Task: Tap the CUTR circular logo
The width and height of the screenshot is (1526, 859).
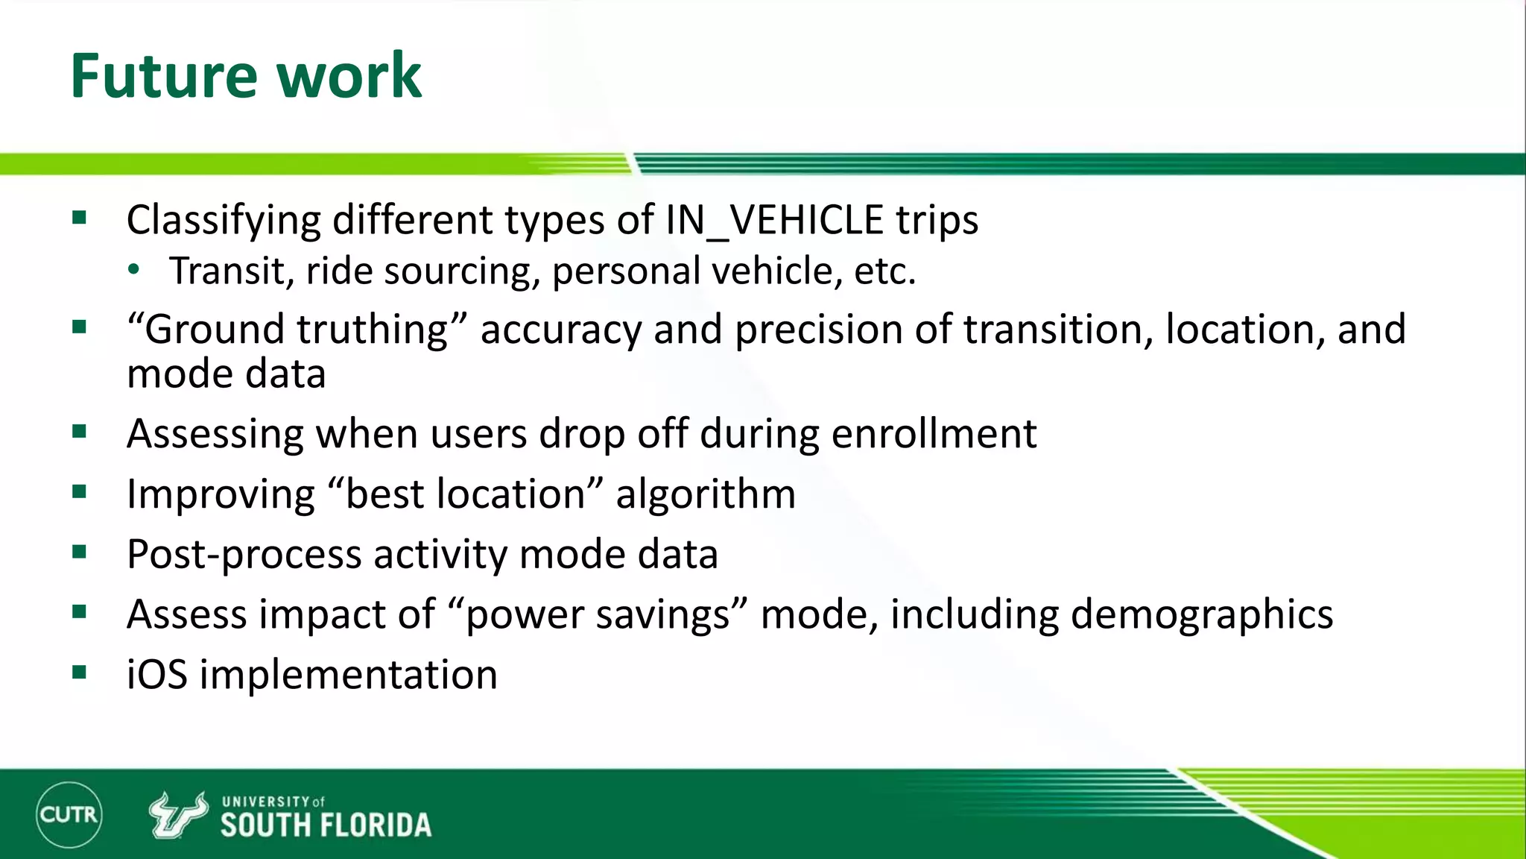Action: coord(69,814)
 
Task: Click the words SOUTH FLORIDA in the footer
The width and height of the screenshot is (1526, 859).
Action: coord(326,825)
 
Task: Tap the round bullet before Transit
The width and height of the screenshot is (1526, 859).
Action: coord(133,270)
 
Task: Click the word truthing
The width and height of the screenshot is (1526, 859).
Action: coord(372,330)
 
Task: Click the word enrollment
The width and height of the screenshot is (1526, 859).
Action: coord(934,433)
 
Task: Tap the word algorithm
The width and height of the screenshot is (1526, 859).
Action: coord(706,494)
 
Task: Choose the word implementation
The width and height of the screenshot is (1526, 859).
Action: coord(348,676)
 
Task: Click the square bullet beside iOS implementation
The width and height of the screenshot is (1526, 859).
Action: coord(80,673)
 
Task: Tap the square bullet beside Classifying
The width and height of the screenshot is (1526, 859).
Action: coord(80,218)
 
